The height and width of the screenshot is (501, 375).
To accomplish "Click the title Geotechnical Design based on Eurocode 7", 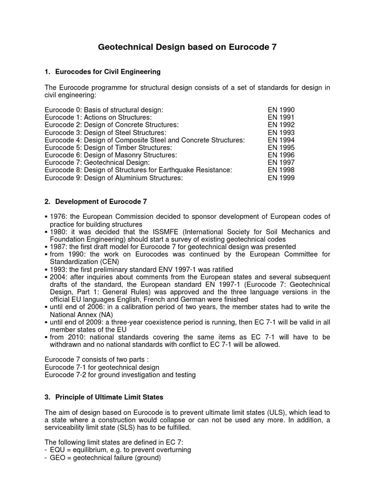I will [x=187, y=47].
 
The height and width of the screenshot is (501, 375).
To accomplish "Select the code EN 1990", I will [x=281, y=110].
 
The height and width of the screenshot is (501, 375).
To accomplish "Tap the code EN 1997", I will [x=281, y=162].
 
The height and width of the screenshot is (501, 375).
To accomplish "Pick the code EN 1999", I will [x=281, y=178].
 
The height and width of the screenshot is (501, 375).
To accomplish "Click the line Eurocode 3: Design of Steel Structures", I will [x=105, y=133].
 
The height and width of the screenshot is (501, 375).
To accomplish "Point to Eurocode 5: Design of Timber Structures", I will [x=108, y=147].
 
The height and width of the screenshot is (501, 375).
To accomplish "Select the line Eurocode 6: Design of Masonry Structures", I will [x=110, y=155].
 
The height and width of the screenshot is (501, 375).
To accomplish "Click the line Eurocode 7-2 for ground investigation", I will [x=120, y=375].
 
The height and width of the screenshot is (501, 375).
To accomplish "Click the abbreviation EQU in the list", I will [x=55, y=450].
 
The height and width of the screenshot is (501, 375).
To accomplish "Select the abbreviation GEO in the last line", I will [x=55, y=457].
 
